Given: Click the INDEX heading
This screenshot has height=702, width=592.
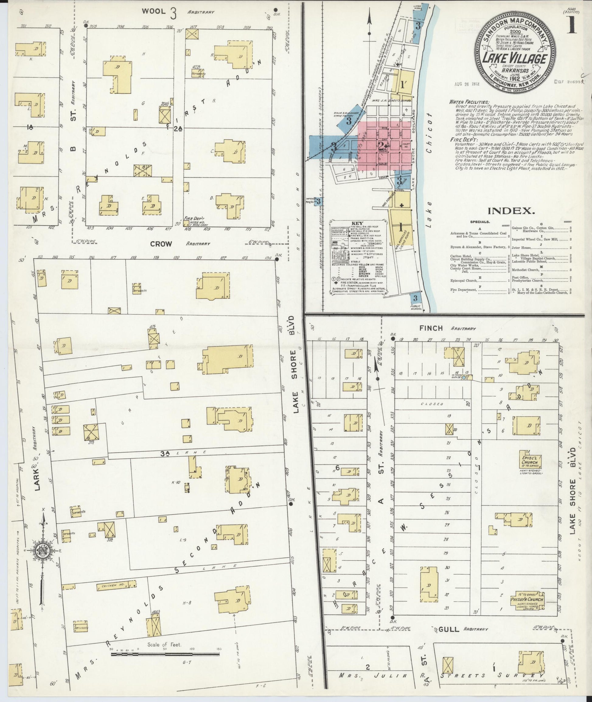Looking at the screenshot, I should [510, 211].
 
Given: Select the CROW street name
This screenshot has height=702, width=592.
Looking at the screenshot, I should [161, 244].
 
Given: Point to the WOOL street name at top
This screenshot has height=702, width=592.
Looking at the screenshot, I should [153, 11].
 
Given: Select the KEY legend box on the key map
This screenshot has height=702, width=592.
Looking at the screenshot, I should [357, 258].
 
